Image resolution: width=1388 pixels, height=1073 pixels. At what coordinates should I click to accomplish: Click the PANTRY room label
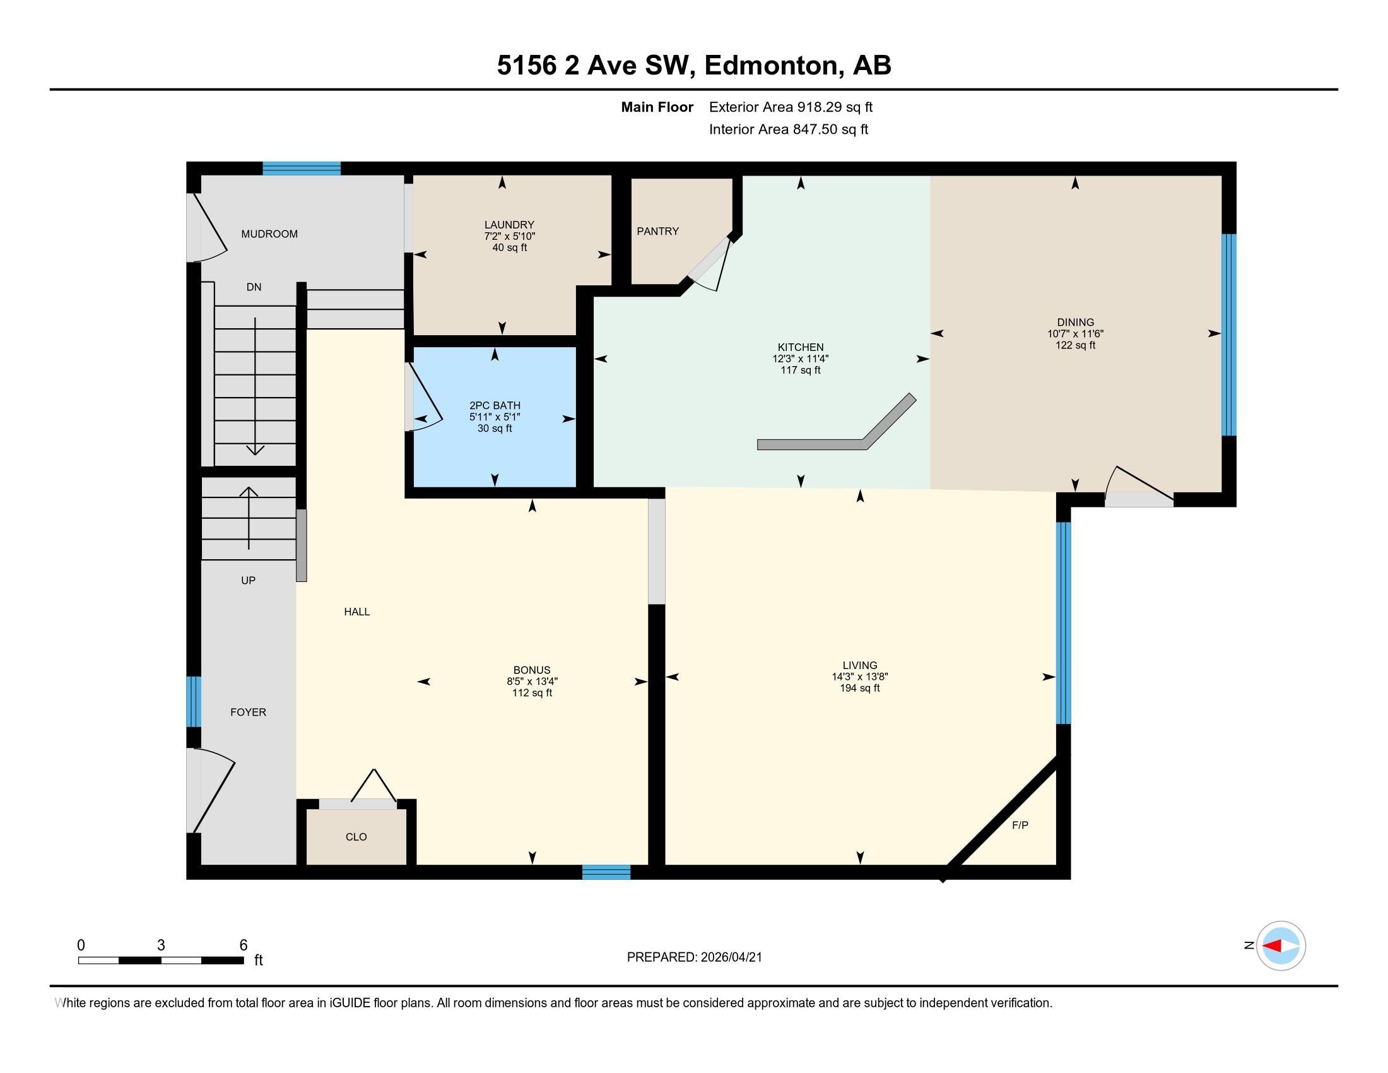point(658,232)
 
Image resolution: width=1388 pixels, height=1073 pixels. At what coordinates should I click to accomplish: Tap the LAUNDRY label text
point(509,225)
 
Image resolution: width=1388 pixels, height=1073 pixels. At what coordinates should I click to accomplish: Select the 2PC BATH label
point(495,406)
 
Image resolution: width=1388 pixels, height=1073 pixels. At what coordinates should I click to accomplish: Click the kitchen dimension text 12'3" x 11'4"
point(801,359)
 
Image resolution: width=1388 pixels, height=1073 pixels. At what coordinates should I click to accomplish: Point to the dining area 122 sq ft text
point(1075,345)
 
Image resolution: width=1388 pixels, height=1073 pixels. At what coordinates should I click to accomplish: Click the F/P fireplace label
point(1020,825)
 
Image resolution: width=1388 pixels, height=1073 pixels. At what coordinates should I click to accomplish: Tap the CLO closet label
point(356,837)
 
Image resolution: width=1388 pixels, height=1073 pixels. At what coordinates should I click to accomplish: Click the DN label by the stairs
point(254,287)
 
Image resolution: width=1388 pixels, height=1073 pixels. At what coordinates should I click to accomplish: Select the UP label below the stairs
point(248,580)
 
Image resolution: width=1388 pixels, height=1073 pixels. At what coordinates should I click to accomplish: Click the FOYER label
point(248,713)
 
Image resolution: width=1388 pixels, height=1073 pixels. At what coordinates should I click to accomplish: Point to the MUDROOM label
point(269,234)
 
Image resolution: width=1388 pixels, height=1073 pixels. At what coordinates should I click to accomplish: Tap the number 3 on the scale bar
point(161,946)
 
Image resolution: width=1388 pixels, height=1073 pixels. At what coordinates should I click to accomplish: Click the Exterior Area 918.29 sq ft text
point(791,107)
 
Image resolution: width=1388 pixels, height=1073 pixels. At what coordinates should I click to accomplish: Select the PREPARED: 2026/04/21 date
point(694,957)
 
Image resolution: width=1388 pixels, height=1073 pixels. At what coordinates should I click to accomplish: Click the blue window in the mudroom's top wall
point(302,169)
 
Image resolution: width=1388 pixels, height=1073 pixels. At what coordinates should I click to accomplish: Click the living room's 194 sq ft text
point(860,688)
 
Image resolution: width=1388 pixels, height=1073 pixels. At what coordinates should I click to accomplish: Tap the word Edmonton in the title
point(771,66)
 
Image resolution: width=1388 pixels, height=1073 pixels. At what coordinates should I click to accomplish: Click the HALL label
point(356,612)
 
